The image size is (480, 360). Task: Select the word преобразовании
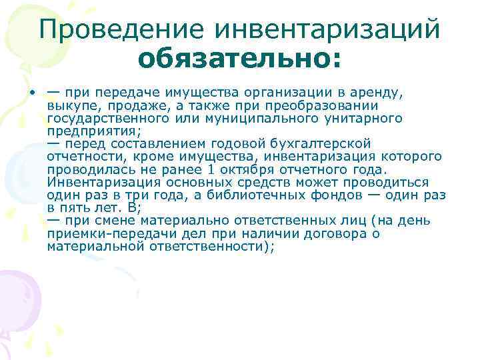pyautogui.click(x=326, y=105)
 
